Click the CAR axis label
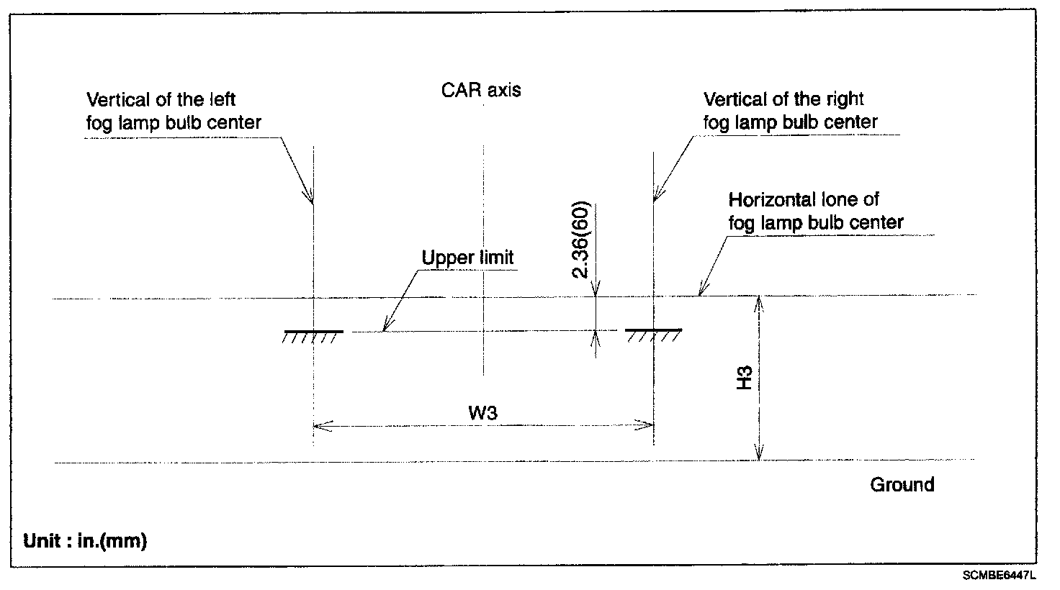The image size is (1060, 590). pyautogui.click(x=480, y=91)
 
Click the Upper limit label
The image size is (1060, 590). pyautogui.click(x=467, y=258)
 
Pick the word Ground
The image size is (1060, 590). pyautogui.click(x=902, y=484)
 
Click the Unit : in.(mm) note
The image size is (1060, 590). pyautogui.click(x=85, y=541)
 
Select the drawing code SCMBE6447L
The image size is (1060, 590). pyautogui.click(x=998, y=576)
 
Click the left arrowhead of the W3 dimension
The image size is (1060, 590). pyautogui.click(x=318, y=425)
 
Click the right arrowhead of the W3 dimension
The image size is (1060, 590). pyautogui.click(x=648, y=425)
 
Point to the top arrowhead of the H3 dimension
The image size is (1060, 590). pyautogui.click(x=758, y=301)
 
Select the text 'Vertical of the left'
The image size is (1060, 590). pyautogui.click(x=161, y=99)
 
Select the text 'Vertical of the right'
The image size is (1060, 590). pyautogui.click(x=783, y=99)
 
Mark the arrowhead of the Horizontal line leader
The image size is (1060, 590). pyautogui.click(x=699, y=291)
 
